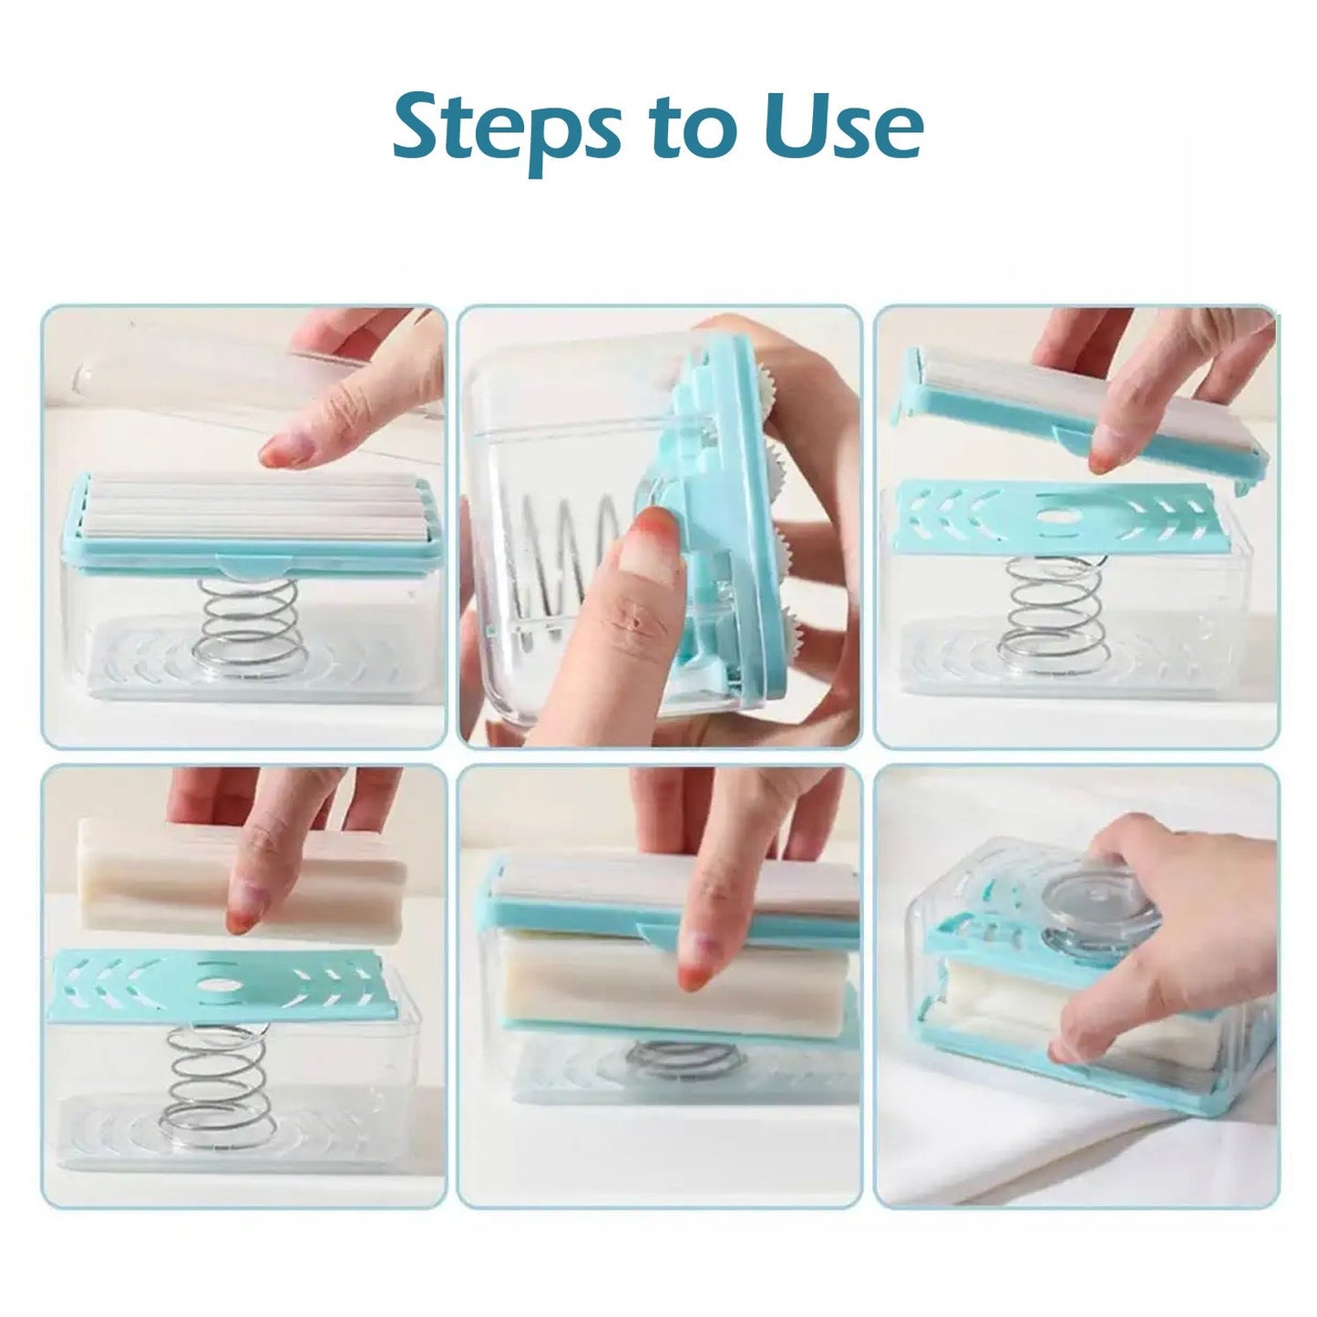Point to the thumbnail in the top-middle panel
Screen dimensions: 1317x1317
click(653, 532)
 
